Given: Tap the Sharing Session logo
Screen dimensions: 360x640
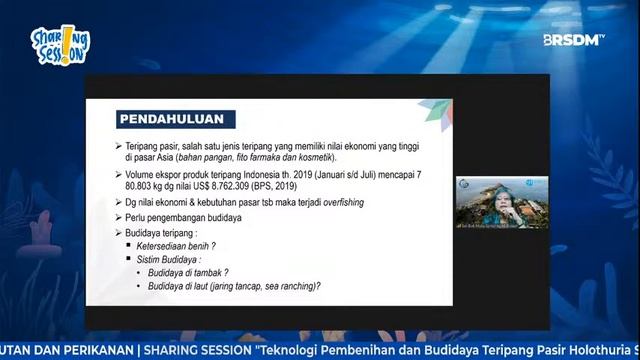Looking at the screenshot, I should (60, 46).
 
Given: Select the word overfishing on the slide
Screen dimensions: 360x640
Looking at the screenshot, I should (336, 202).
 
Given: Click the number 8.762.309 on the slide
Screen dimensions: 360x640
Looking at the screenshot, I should (236, 187).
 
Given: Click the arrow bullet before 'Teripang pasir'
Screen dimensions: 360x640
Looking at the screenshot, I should (118, 146).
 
